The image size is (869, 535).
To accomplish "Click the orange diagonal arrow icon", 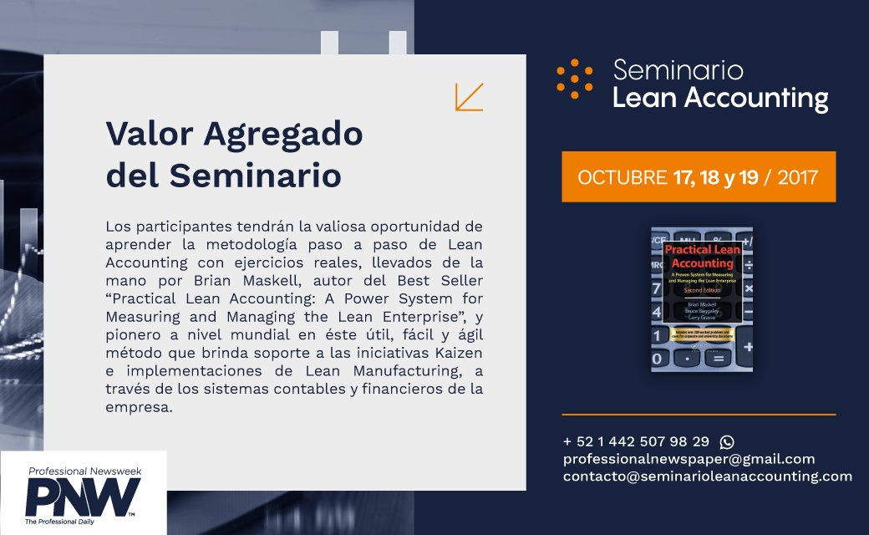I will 469,97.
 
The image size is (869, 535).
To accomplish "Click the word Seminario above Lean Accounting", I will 678,69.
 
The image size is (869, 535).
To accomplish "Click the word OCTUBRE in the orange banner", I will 617,177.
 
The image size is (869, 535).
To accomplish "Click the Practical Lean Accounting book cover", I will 702,299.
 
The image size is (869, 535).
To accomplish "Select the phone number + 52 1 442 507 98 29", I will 636,441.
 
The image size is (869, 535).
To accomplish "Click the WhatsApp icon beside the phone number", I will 726,441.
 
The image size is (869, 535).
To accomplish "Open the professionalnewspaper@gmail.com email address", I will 689,459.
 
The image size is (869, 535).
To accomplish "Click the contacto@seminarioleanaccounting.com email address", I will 707,476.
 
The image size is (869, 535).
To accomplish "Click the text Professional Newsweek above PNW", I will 84,471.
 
